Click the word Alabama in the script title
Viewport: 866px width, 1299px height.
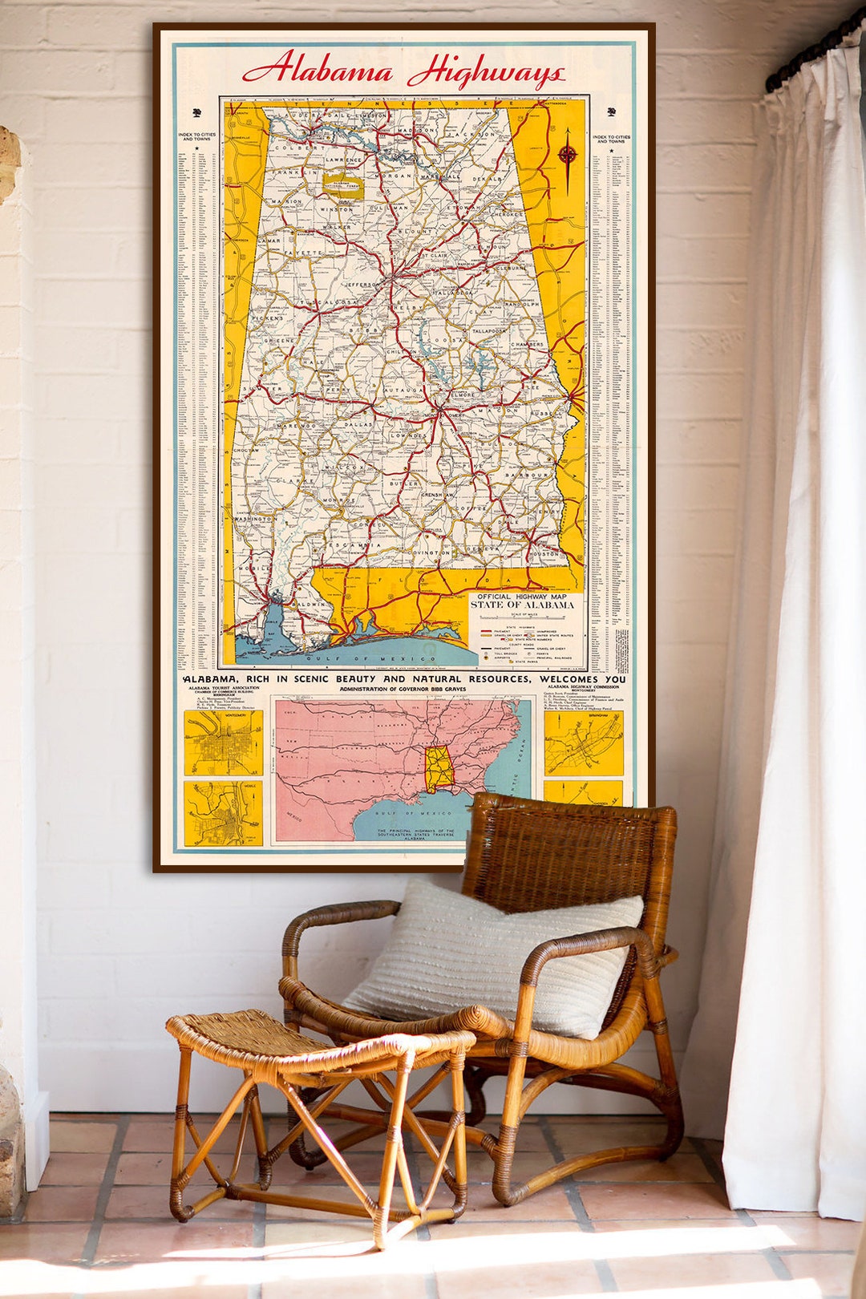coord(318,70)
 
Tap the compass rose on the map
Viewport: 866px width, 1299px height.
coord(568,155)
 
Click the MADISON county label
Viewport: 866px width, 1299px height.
coord(415,130)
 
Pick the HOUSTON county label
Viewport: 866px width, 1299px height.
coord(544,554)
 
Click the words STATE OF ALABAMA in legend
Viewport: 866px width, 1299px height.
coord(522,605)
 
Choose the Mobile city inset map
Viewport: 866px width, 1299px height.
coord(223,813)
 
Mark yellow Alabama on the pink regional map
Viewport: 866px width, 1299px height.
coord(439,767)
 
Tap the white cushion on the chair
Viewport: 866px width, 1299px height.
coord(497,958)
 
